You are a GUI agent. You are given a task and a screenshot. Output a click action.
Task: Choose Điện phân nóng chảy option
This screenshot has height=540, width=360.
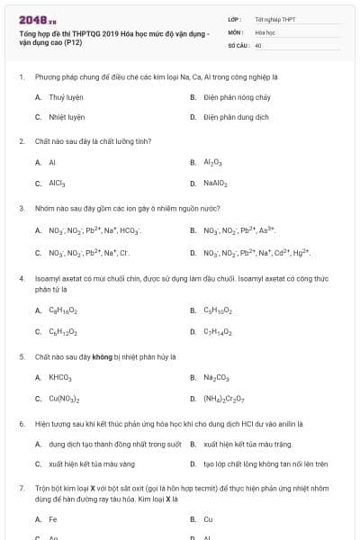point(236,96)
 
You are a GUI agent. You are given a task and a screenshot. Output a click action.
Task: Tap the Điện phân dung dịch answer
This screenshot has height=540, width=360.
point(236,117)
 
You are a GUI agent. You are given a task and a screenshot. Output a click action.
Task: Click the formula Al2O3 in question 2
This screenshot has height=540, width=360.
point(212,163)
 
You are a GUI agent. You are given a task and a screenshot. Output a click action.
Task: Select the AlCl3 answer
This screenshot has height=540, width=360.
point(58,184)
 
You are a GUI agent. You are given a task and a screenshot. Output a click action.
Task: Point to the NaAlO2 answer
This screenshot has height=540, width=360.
point(215,184)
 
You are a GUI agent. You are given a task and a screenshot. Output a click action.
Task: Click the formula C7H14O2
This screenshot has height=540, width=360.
point(218,332)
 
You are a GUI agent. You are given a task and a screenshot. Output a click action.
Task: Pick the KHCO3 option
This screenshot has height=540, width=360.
point(60,377)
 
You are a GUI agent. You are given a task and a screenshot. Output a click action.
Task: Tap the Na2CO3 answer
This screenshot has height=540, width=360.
point(216,377)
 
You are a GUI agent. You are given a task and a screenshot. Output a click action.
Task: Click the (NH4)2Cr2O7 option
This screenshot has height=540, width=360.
point(224,399)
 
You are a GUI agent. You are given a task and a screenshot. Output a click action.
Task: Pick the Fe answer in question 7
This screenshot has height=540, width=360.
point(53,519)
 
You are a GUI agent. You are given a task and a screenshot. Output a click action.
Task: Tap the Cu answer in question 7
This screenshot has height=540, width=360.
point(208,519)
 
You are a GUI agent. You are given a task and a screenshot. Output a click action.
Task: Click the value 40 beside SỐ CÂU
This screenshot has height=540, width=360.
point(258,44)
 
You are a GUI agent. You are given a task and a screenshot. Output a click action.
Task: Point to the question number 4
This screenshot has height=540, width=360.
point(21,279)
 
